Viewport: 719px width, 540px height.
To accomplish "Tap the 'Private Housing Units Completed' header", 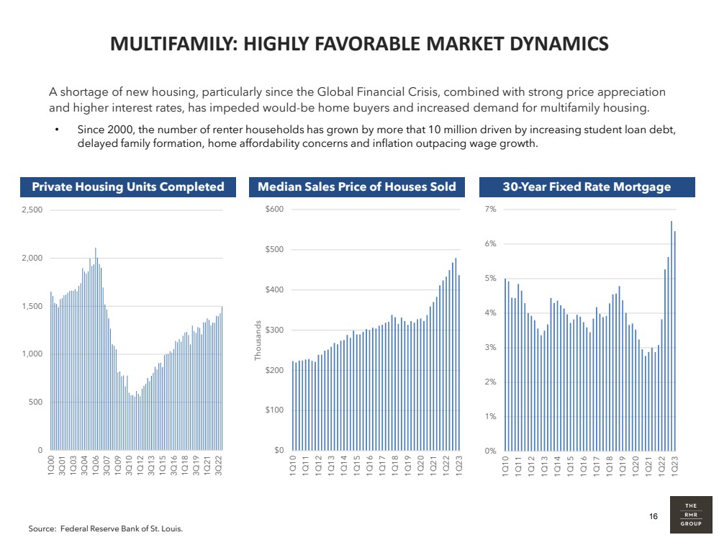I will (128, 187).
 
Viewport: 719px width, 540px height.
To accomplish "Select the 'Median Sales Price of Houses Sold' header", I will (357, 187).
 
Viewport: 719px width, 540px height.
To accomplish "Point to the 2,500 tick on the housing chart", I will (32, 210).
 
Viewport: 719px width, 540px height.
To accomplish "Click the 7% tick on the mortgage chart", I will (491, 210).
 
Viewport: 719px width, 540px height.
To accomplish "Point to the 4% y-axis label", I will (491, 313).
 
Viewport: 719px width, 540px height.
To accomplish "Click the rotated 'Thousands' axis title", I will (259, 341).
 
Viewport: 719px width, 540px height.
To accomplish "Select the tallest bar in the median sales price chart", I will (456, 346).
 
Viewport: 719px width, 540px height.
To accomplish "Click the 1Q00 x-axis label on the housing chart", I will (50, 464).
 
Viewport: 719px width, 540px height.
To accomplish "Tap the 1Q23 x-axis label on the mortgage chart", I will (675, 465).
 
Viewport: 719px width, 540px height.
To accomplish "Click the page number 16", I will (654, 516).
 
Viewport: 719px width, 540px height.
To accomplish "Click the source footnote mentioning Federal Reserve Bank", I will (106, 529).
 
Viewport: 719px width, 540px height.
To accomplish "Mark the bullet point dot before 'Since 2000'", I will (57, 131).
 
